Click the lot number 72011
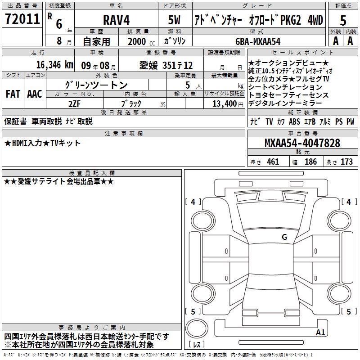tap(22, 19)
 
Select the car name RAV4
tap(117, 20)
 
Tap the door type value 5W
tap(174, 20)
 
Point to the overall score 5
tap(343, 20)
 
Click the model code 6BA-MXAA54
tap(258, 41)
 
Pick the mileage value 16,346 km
tap(54, 65)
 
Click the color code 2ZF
tap(74, 104)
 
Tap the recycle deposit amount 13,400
tap(225, 104)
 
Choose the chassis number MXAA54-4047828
tap(302, 143)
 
